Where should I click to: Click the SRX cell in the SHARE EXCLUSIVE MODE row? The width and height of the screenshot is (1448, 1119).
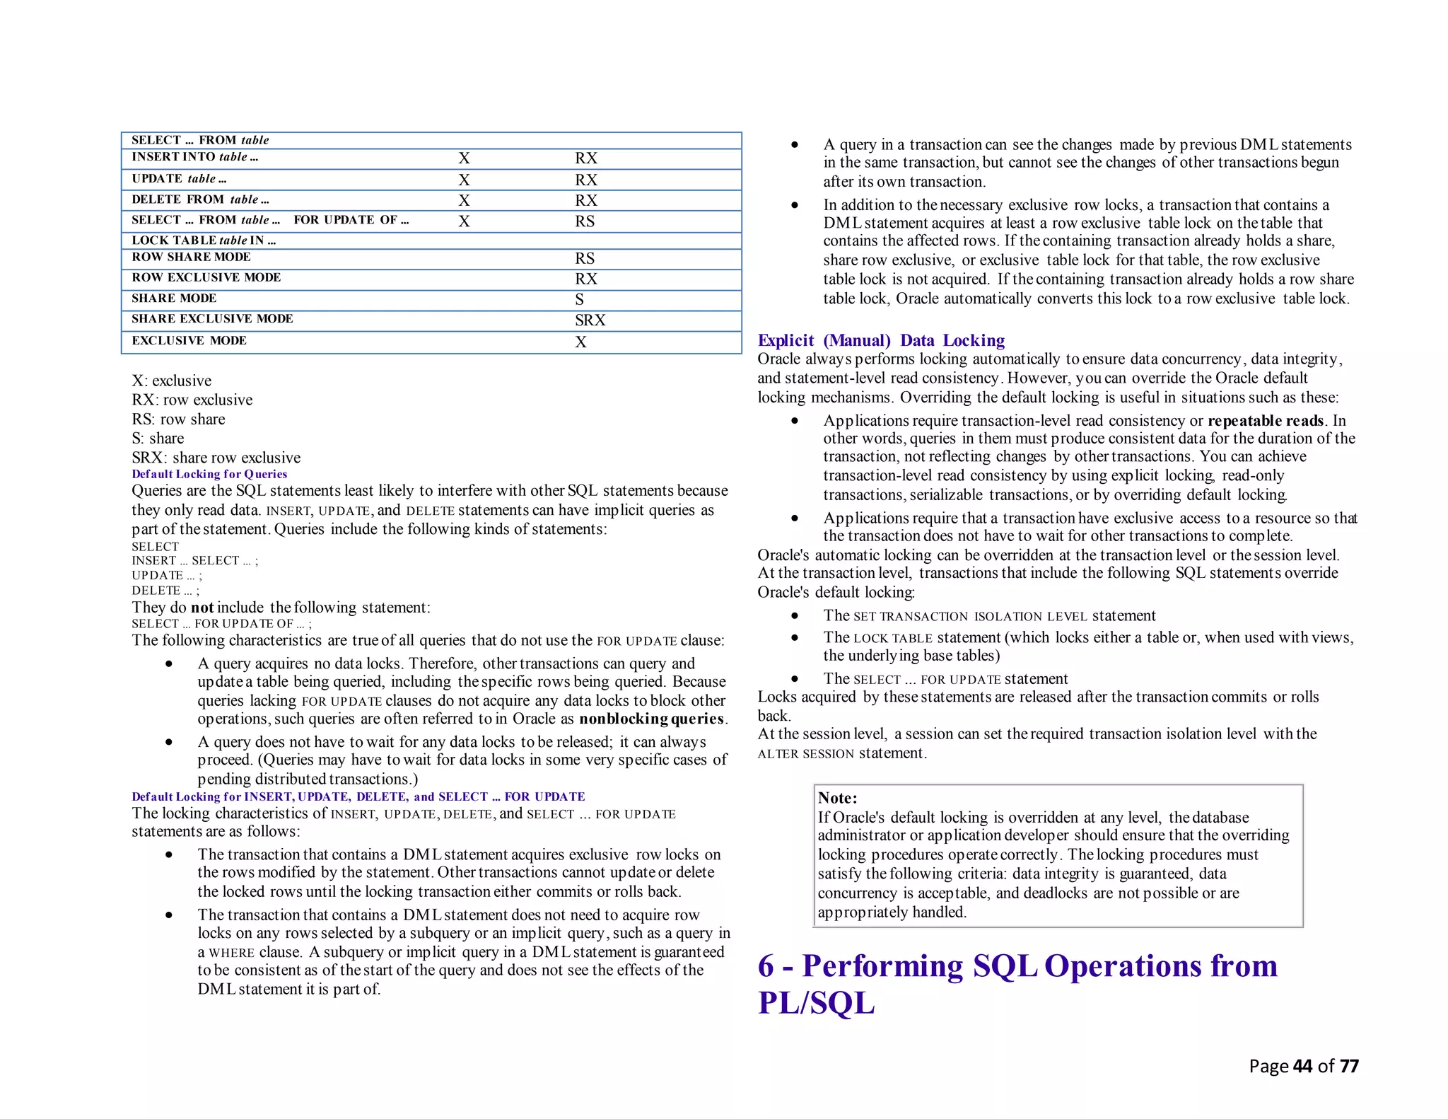[x=590, y=320]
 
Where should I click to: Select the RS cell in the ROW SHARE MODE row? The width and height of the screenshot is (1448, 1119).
[x=585, y=258]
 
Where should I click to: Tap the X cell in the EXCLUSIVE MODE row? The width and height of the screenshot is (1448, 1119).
[x=580, y=342]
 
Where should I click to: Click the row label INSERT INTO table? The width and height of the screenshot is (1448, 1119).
[x=194, y=157]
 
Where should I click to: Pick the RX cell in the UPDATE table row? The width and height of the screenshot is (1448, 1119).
[x=586, y=180]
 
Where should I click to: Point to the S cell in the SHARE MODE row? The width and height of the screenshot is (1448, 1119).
[x=579, y=299]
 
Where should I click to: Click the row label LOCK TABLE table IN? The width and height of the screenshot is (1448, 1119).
[x=204, y=240]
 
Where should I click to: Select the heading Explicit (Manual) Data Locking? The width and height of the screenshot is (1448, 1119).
[x=881, y=340]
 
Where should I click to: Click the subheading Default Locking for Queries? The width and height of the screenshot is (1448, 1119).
[x=209, y=474]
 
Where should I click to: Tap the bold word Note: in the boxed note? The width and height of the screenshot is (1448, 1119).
[x=837, y=798]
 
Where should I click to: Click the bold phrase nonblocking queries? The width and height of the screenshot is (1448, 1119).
[x=652, y=719]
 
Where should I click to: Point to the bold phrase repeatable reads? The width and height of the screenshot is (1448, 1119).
[x=1266, y=421]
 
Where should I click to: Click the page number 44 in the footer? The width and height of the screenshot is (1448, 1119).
[x=1302, y=1066]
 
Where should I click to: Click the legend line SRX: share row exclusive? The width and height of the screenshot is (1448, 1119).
[x=216, y=458]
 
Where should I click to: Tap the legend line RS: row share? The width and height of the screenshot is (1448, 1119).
[x=178, y=419]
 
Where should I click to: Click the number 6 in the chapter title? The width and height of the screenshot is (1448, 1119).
[x=766, y=966]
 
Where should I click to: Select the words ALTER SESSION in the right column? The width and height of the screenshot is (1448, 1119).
[x=806, y=754]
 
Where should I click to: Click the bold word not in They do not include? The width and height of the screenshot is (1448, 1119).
[x=202, y=608]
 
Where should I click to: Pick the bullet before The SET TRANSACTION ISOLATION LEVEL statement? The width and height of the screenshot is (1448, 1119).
[x=795, y=616]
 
